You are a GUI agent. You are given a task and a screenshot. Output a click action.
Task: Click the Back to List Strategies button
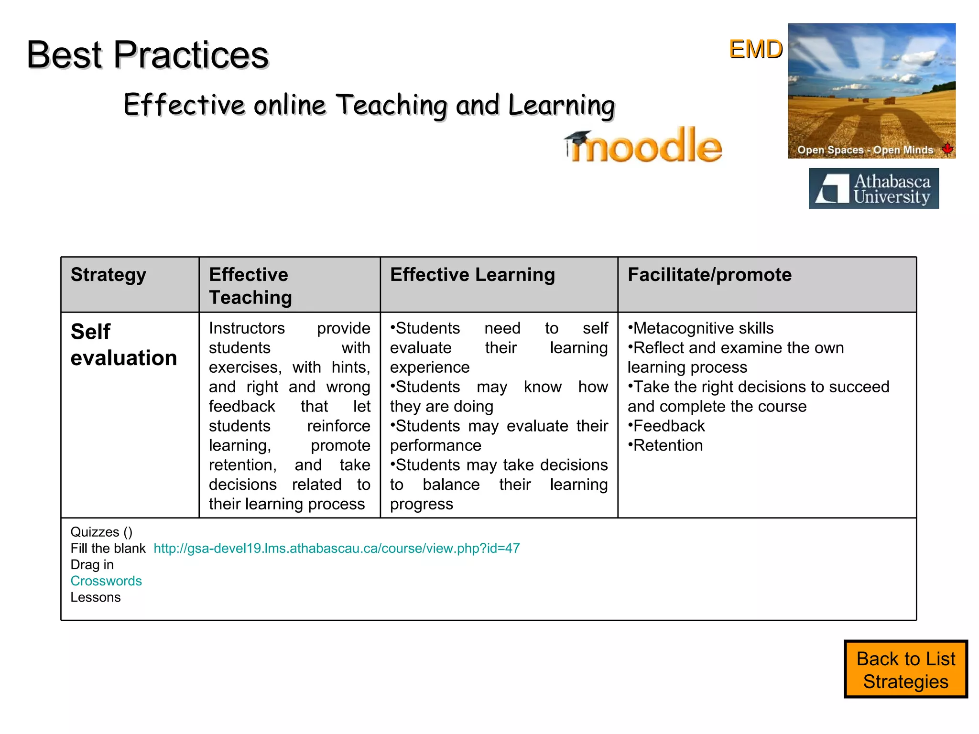coord(905,669)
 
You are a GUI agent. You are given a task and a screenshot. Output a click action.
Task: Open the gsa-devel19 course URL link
coord(337,548)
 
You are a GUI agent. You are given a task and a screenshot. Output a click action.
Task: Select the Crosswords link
coord(106,581)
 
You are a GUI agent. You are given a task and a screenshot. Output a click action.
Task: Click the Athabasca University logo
coord(873,188)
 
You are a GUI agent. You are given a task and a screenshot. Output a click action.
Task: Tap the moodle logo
coord(645,146)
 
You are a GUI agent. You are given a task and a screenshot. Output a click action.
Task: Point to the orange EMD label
coord(755,49)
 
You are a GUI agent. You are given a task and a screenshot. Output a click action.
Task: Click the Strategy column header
coord(109,275)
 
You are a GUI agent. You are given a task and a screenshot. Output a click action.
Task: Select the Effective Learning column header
coord(472,275)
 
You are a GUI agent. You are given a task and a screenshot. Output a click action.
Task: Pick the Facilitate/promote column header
coord(709,275)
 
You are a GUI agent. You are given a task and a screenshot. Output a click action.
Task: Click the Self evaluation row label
coord(123,345)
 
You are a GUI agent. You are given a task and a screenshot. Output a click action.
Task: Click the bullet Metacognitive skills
coord(701,328)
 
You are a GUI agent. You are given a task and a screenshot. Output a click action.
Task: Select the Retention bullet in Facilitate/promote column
coord(666,445)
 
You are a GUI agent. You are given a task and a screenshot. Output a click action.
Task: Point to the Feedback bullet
coord(667,426)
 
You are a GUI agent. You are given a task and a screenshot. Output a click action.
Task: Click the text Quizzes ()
coord(101,532)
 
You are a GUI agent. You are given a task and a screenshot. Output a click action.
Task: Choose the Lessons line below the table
coord(96,597)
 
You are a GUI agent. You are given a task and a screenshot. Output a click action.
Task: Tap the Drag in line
coord(92,565)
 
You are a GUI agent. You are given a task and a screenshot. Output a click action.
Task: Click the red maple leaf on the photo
coord(947,149)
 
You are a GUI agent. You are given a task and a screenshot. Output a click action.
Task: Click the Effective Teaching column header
coord(250,286)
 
